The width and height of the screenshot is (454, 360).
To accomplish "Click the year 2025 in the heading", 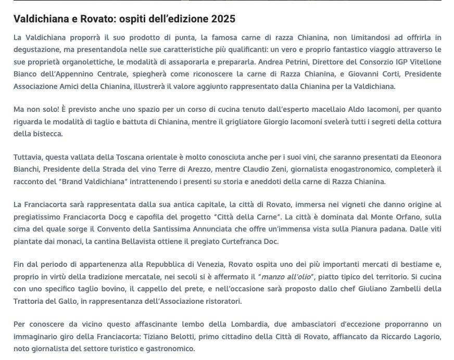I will pyautogui.click(x=223, y=19).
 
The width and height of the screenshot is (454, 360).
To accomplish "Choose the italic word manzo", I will pyautogui.click(x=273, y=277).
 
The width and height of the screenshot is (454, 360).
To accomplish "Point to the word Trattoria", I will pyautogui.click(x=30, y=301).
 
